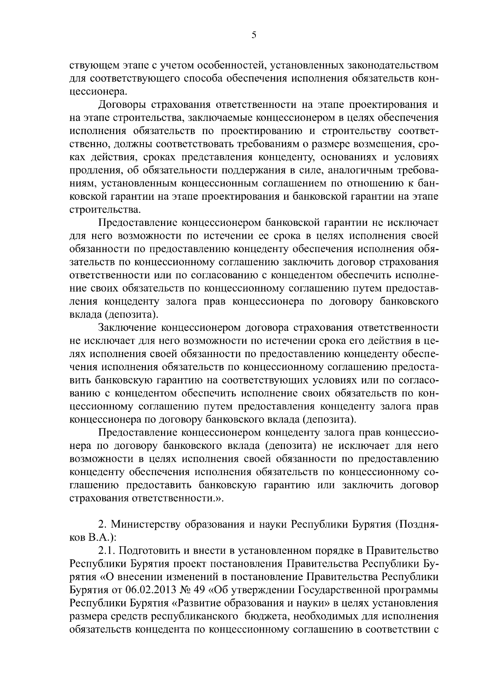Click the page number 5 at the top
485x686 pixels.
pyautogui.click(x=253, y=35)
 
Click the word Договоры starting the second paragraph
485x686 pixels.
pyautogui.click(x=122, y=105)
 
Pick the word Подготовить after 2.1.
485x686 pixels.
pyautogui.click(x=148, y=551)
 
